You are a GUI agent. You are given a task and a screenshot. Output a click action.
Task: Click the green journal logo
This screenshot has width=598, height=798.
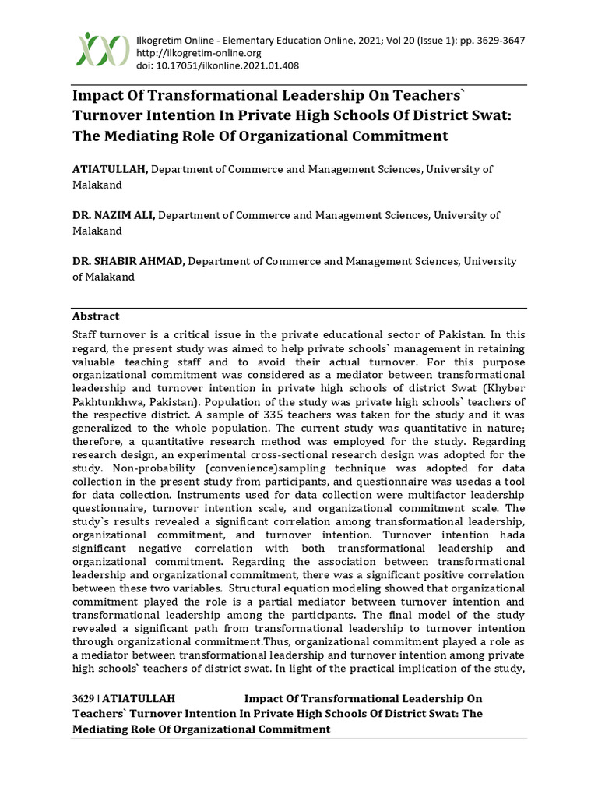[102, 49]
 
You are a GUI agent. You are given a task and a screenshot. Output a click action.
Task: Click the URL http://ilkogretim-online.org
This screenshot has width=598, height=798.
[199, 53]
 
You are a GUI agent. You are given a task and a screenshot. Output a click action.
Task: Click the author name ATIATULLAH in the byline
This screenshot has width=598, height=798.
[109, 169]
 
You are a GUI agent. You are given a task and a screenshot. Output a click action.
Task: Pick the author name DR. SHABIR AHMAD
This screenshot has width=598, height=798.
[128, 262]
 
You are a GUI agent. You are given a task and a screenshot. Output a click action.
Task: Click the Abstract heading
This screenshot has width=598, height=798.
[96, 316]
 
